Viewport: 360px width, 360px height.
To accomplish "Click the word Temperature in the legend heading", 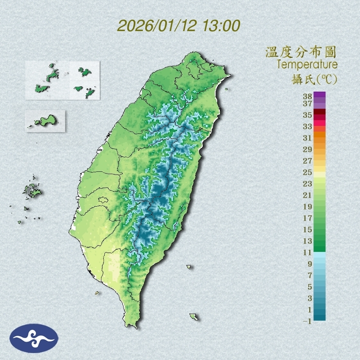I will [x=307, y=65].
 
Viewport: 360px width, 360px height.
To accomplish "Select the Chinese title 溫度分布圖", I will [x=301, y=52].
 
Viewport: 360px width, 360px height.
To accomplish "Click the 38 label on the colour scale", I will [x=308, y=96].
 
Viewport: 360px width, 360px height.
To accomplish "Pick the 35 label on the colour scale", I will [x=308, y=115].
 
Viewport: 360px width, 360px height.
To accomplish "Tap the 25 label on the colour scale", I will [x=308, y=172].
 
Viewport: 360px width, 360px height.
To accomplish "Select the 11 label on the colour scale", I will [x=308, y=252].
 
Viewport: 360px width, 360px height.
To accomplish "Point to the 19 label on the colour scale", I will [x=308, y=207].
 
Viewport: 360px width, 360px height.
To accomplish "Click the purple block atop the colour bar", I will [x=319, y=95].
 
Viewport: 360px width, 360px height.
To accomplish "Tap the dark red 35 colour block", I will [x=319, y=112].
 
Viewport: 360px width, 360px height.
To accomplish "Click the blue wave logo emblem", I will [x=34, y=338].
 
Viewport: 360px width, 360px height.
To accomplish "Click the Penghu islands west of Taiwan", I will [x=31, y=191].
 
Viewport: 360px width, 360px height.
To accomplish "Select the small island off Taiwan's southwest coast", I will [x=97, y=293].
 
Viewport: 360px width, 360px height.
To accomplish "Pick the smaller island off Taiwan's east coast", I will [x=189, y=267].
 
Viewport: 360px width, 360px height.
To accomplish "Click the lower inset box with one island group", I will [x=45, y=121].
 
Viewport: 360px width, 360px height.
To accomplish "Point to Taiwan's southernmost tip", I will [x=132, y=326].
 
